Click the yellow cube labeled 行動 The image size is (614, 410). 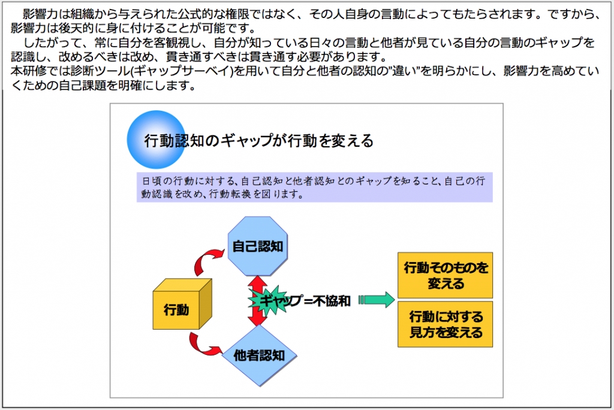click(182, 305)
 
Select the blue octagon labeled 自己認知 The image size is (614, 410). click(258, 246)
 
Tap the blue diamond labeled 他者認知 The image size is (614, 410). click(259, 355)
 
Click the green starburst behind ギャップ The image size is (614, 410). click(269, 301)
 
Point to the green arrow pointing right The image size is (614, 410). click(377, 300)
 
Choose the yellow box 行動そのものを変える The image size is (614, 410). click(446, 275)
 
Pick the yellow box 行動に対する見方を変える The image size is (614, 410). click(446, 324)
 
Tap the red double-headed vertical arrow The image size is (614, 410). click(257, 301)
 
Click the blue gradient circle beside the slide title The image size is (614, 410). click(156, 140)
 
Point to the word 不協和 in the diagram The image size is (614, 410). click(331, 301)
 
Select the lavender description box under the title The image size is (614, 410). click(314, 187)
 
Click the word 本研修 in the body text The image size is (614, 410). click(28, 71)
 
